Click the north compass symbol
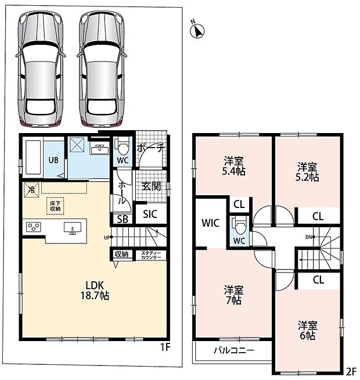pyautogui.click(x=197, y=30)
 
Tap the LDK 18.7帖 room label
pyautogui.click(x=95, y=291)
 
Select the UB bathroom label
pyautogui.click(x=53, y=160)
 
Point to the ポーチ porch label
pyautogui.click(x=151, y=148)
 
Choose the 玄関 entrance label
pyautogui.click(x=151, y=187)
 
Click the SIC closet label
pyautogui.click(x=150, y=214)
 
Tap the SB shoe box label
pyautogui.click(x=123, y=219)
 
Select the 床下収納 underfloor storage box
pyautogui.click(x=55, y=206)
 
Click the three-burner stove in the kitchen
pyautogui.click(x=34, y=227)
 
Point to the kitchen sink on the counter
pyautogui.click(x=73, y=228)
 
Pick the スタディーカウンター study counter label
pyautogui.click(x=151, y=255)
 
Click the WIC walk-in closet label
pyautogui.click(x=211, y=223)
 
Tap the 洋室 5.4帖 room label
pyautogui.click(x=234, y=166)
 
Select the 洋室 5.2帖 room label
pyautogui.click(x=307, y=172)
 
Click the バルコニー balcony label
pyautogui.click(x=234, y=350)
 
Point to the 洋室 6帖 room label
pyautogui.click(x=308, y=330)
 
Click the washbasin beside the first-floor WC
pyautogui.click(x=100, y=149)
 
